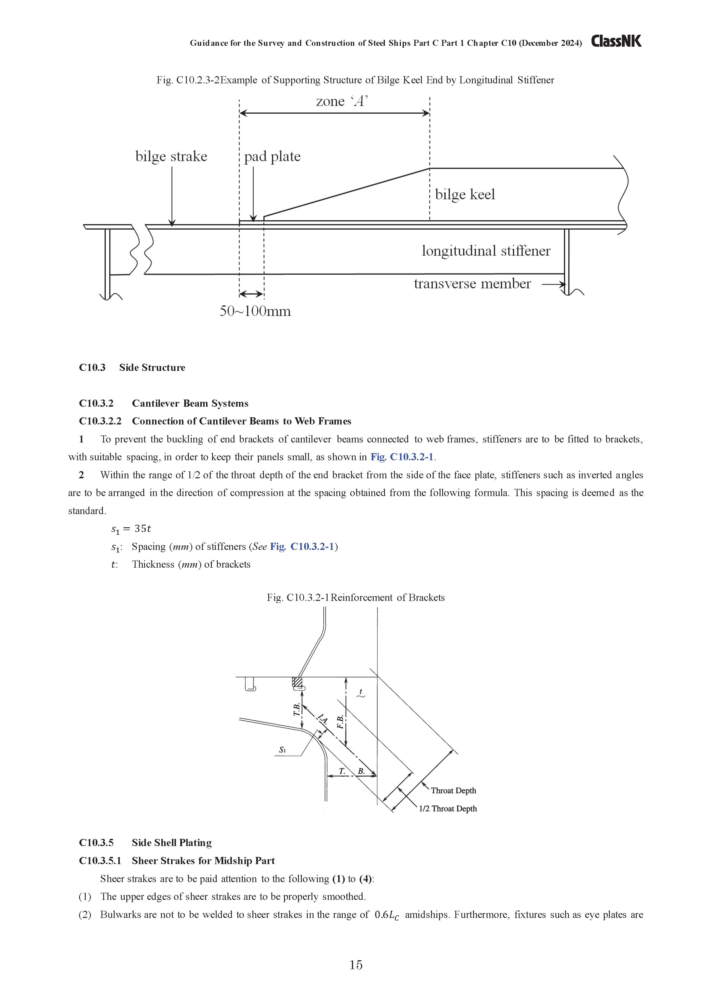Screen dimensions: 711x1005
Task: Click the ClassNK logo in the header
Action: tap(616, 41)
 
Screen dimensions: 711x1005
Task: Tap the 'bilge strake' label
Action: tap(171, 157)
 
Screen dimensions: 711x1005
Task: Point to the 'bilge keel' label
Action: tap(465, 194)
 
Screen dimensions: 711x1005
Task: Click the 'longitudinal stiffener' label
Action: tap(486, 251)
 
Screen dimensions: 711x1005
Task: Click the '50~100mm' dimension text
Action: tap(255, 311)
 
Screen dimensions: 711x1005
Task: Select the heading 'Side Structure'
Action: tap(152, 368)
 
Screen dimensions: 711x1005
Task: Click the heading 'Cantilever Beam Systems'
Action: tap(190, 404)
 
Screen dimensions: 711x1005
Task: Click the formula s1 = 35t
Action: tap(131, 529)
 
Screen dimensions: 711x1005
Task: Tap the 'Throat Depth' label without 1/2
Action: tap(453, 790)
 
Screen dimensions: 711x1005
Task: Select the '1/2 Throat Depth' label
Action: tap(448, 809)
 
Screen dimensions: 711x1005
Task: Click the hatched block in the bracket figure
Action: tap(297, 682)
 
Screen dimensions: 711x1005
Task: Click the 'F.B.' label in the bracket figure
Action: tap(340, 722)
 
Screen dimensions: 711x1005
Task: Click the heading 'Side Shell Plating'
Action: tap(172, 843)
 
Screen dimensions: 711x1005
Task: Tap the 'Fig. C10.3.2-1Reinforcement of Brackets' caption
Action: tap(356, 598)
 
